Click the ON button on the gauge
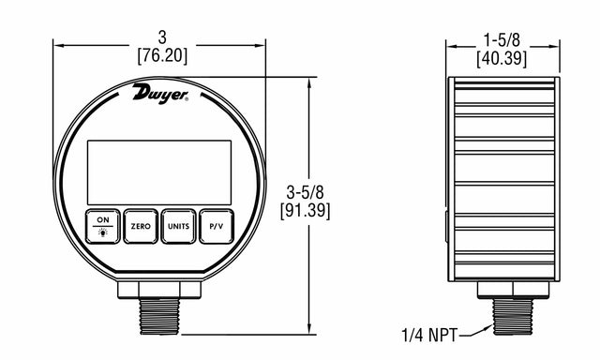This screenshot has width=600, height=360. pos(102,226)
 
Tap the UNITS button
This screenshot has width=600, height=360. pos(178,226)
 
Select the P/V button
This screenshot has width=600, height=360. pos(217,226)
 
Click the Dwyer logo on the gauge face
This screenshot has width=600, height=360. pos(160,94)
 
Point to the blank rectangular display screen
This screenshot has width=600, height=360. pos(159,172)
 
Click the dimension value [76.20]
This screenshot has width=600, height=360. pos(162,56)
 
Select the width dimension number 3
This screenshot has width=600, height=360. pos(162,37)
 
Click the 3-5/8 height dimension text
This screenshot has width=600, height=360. pos(305,192)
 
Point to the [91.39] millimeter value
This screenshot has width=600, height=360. pos(305,210)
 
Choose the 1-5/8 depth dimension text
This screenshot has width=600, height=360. pos(502,39)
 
